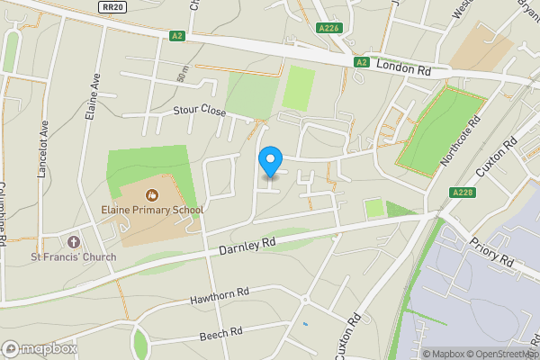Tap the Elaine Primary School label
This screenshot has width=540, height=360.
point(152,210)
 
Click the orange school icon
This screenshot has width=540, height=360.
point(151,193)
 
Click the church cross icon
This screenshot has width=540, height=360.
point(73,242)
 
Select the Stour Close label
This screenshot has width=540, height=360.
point(199,112)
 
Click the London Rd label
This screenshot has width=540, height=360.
point(404,66)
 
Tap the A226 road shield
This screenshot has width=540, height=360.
point(328,29)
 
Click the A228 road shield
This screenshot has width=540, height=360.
point(462,193)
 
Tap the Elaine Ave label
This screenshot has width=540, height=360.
point(93,99)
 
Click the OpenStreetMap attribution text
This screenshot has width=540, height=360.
point(500,354)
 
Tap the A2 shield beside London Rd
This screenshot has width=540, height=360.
point(362,62)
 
